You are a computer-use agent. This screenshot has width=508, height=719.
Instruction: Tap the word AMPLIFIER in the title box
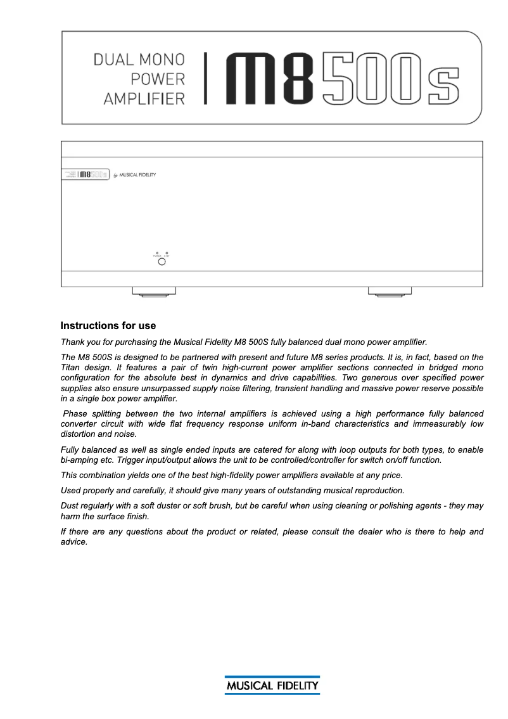(144, 99)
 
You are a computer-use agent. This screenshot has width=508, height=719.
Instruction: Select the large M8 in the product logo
(270, 79)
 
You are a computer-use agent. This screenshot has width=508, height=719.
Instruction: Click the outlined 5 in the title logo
(336, 79)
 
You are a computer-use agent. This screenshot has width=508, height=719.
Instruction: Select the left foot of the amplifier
(154, 292)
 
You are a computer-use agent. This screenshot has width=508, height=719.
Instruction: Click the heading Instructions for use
(108, 326)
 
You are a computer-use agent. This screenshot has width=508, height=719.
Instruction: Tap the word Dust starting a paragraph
(70, 506)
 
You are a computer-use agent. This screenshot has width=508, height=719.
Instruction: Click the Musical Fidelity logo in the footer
(272, 685)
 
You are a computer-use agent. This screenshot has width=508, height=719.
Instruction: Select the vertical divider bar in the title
(205, 79)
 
